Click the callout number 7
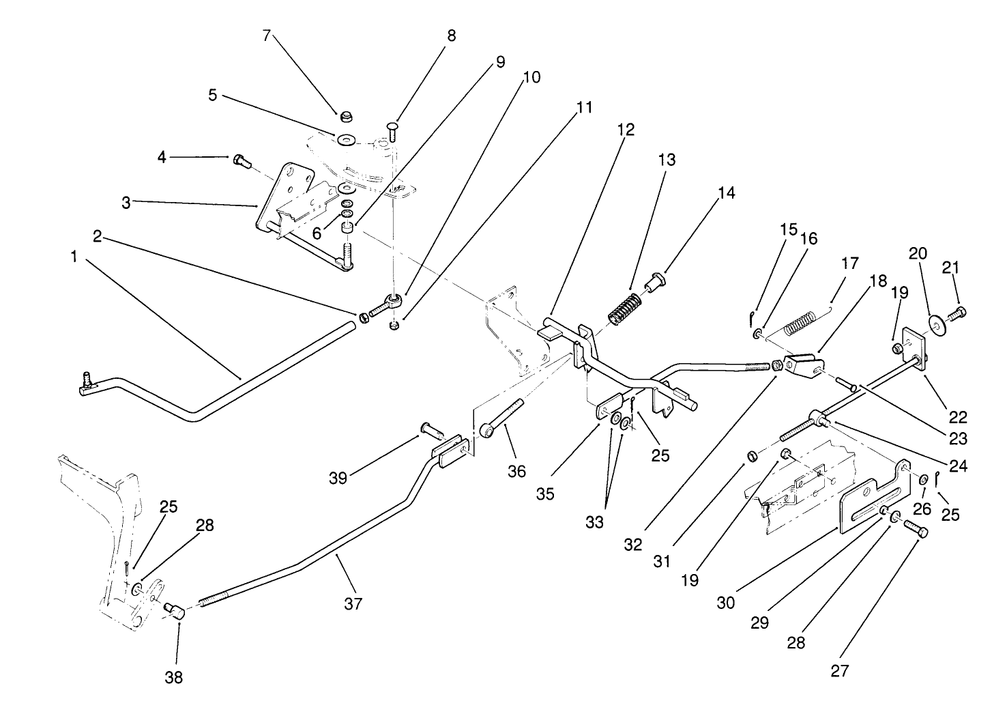pos(266,36)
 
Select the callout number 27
pos(840,671)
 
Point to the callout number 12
pos(626,129)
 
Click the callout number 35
pos(545,495)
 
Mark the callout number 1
pos(73,257)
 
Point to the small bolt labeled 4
pos(241,161)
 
